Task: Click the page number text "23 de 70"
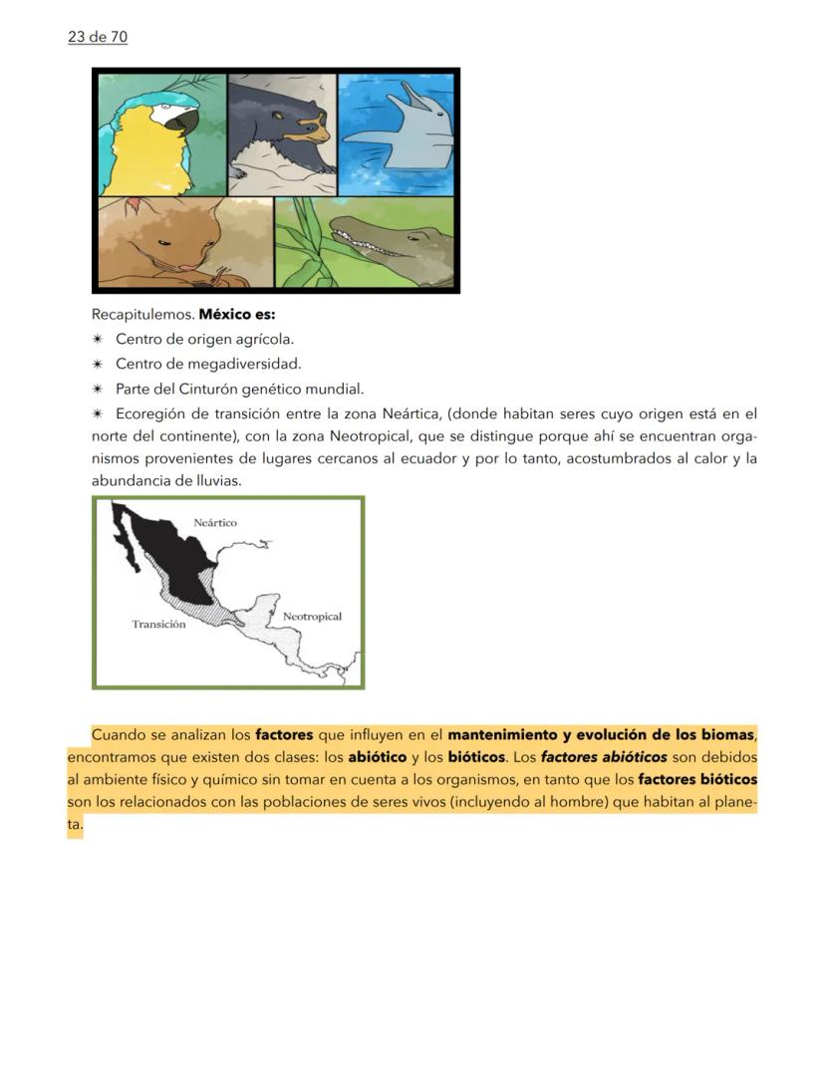coord(98,37)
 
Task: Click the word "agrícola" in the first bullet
coord(264,339)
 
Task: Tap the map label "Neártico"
coord(215,522)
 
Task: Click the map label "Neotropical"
coord(312,617)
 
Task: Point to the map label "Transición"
coord(158,625)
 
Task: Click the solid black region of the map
coord(169,558)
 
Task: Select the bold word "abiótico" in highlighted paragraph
coord(377,757)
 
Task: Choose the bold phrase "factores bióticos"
coord(697,779)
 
